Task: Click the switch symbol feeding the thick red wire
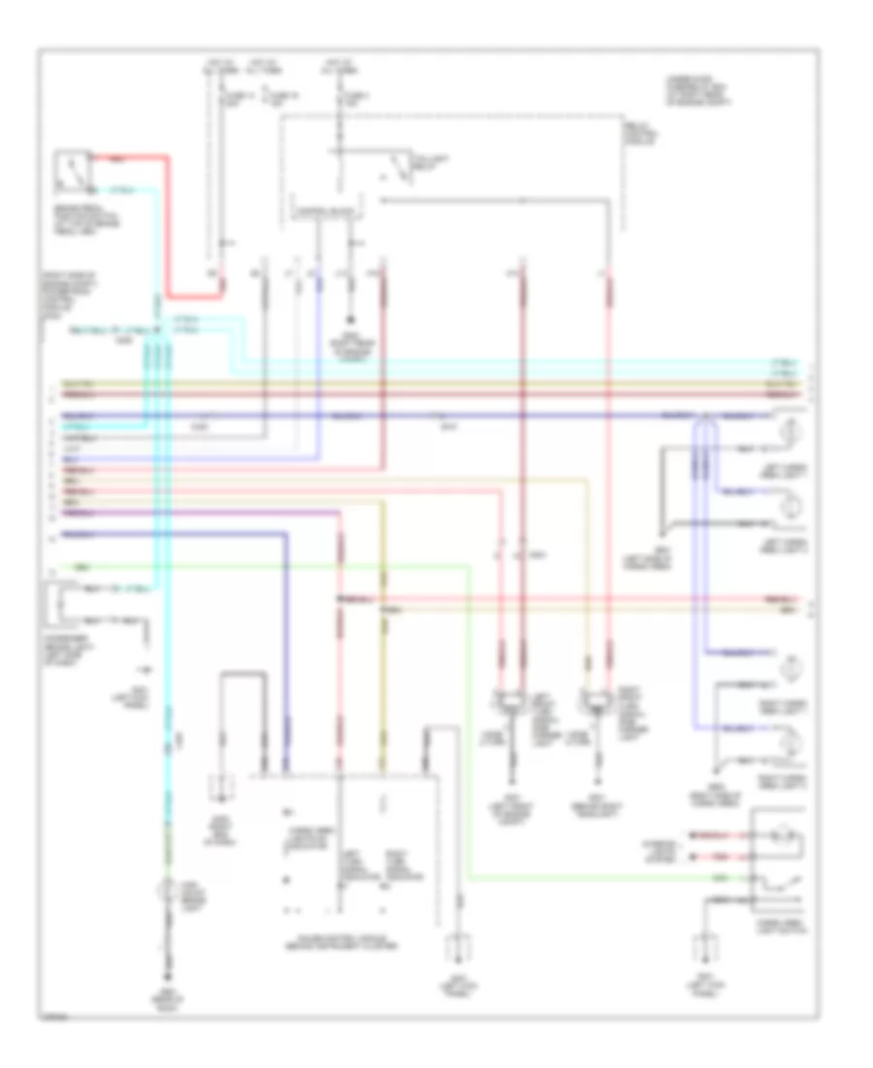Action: pyautogui.click(x=73, y=169)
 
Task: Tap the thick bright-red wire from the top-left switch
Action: pyautogui.click(x=167, y=223)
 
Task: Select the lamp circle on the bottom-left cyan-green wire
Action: pyautogui.click(x=168, y=891)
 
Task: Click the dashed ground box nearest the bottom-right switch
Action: pyautogui.click(x=706, y=948)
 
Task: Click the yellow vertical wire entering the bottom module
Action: pyautogui.click(x=384, y=680)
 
